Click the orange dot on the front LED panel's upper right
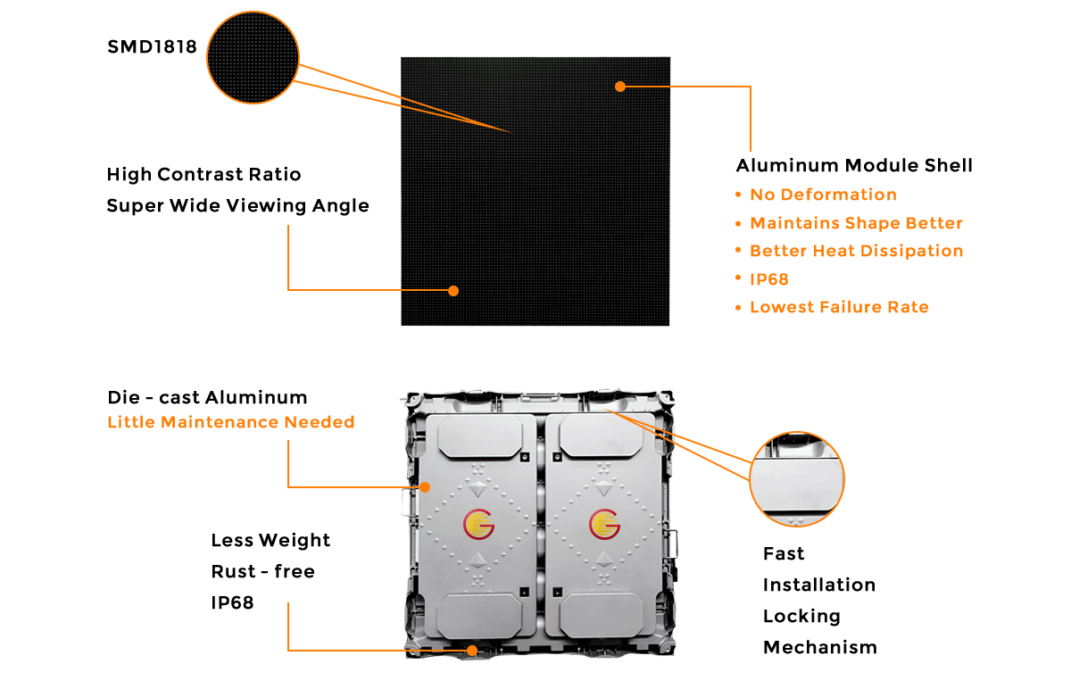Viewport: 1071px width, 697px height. pyautogui.click(x=619, y=86)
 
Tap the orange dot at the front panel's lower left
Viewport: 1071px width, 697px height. pyautogui.click(x=453, y=290)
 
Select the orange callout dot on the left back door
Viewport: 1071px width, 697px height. pyautogui.click(x=426, y=486)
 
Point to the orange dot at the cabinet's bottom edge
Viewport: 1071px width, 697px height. pyautogui.click(x=472, y=651)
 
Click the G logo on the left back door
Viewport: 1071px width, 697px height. pyautogui.click(x=479, y=524)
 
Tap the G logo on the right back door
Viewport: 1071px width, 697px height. pyautogui.click(x=604, y=524)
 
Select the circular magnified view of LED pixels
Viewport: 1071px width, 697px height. pyautogui.click(x=253, y=58)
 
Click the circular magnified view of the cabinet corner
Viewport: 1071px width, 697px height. pyautogui.click(x=796, y=479)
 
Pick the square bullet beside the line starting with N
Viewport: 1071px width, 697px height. pyautogui.click(x=738, y=194)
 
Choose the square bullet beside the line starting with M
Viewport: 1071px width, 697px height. pyautogui.click(x=738, y=222)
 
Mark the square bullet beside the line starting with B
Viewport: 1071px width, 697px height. pyautogui.click(x=738, y=250)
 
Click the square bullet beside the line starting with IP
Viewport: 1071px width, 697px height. pyautogui.click(x=738, y=278)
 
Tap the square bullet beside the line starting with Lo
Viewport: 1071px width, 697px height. pyautogui.click(x=738, y=306)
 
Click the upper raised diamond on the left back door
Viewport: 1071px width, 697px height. pyautogui.click(x=479, y=487)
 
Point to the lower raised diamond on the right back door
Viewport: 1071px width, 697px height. pyautogui.click(x=604, y=560)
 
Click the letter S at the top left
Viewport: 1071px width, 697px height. pyautogui.click(x=112, y=47)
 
